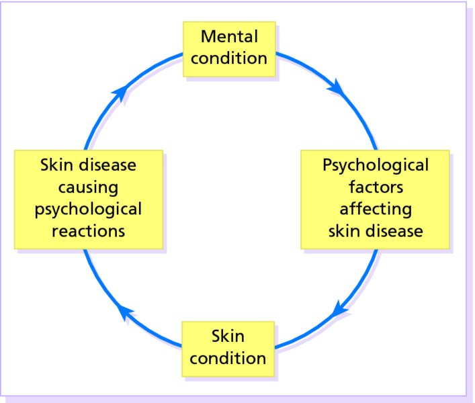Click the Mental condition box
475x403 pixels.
click(228, 46)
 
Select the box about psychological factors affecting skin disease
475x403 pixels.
click(375, 197)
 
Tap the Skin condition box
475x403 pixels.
click(228, 346)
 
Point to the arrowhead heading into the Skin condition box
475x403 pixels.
click(339, 310)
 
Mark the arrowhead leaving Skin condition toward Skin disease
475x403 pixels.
click(124, 310)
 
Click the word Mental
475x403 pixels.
click(228, 36)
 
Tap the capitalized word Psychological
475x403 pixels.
click(375, 165)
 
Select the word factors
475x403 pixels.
click(375, 186)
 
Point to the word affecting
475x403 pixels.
click(375, 208)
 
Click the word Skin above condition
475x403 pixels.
click(228, 335)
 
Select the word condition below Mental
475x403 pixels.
click(228, 58)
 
